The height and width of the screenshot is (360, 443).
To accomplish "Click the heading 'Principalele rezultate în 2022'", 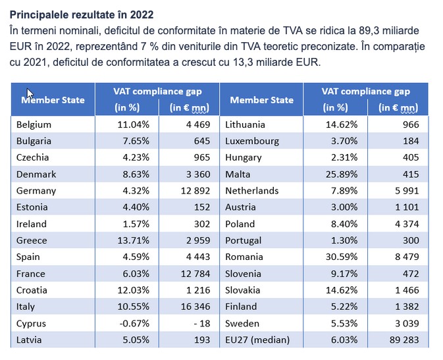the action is (x=82, y=14).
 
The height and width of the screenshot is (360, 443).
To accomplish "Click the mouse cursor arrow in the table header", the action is (x=30, y=93).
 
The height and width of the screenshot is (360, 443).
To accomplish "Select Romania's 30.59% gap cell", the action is (x=342, y=257).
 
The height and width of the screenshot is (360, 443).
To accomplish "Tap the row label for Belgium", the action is (x=34, y=124).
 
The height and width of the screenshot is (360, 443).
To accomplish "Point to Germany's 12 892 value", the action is (x=195, y=191).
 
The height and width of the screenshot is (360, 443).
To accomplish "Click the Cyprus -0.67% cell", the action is (x=134, y=323).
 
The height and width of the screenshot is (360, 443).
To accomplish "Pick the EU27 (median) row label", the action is (x=257, y=340).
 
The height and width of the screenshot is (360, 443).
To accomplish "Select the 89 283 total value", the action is (x=404, y=340).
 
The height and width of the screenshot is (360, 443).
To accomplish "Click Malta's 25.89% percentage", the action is (x=342, y=174).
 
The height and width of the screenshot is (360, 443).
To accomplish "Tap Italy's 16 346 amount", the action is (x=195, y=307).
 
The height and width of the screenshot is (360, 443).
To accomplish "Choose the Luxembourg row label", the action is (x=252, y=141).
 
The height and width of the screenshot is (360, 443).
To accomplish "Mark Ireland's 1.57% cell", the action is (x=136, y=224).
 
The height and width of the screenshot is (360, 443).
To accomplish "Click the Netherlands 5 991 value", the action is (x=407, y=191).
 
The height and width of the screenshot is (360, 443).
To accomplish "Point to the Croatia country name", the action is (x=32, y=290).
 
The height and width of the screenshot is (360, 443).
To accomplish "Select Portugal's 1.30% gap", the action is (x=344, y=240).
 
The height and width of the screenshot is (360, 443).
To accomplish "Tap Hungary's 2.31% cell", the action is (x=344, y=157).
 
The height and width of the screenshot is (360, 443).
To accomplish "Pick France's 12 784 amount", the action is (x=195, y=274).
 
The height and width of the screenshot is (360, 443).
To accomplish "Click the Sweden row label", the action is (x=242, y=323).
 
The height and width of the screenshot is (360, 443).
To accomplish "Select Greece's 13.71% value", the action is (x=134, y=240).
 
